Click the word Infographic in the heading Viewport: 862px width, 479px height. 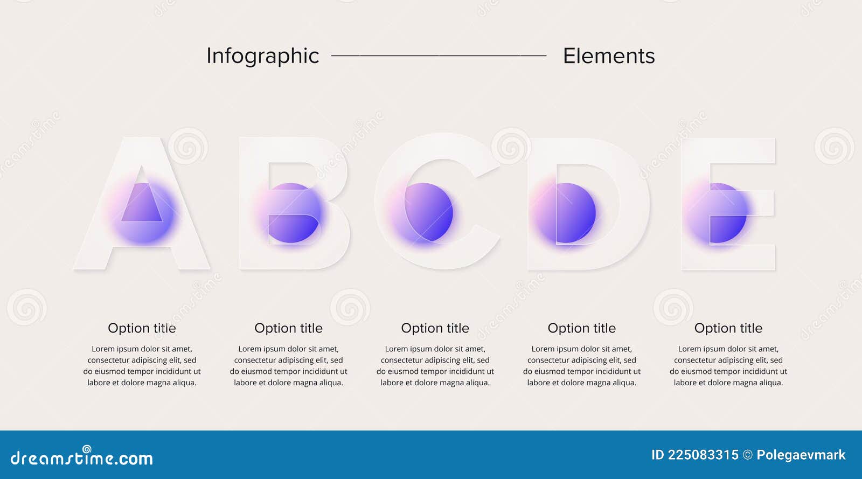pyautogui.click(x=262, y=56)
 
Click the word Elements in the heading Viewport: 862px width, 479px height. pyautogui.click(x=609, y=56)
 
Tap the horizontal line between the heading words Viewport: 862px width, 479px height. pyautogui.click(x=439, y=55)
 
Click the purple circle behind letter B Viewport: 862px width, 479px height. pyautogui.click(x=294, y=213)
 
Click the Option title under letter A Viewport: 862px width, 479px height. pyautogui.click(x=142, y=328)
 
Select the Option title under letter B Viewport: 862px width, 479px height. pyautogui.click(x=288, y=328)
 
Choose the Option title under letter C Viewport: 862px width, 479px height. pyautogui.click(x=435, y=328)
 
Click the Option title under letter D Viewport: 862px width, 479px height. pyautogui.click(x=581, y=328)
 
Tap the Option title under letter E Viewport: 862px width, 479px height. pyautogui.click(x=728, y=328)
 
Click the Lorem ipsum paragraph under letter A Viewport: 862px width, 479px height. pyautogui.click(x=142, y=366)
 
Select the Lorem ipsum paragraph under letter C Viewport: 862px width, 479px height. pyautogui.click(x=435, y=366)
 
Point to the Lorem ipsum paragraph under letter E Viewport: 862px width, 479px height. pyautogui.click(x=728, y=366)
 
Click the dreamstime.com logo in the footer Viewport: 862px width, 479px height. pyautogui.click(x=82, y=457)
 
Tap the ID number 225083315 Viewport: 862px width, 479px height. pyautogui.click(x=703, y=455)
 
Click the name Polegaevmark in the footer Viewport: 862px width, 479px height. pyautogui.click(x=801, y=455)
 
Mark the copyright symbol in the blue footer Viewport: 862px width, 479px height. pyautogui.click(x=748, y=455)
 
